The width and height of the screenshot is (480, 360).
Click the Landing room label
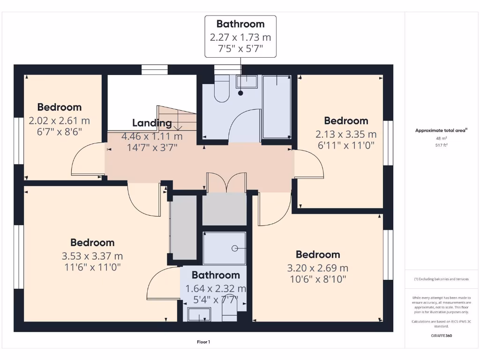coord(152,123)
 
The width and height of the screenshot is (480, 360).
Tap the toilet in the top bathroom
coord(221,90)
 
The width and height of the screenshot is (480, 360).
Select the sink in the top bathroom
coord(247,82)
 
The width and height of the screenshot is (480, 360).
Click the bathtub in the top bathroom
coord(277,106)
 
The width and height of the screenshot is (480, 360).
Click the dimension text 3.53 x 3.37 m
coord(92,256)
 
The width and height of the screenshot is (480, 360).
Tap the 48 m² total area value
coord(441,139)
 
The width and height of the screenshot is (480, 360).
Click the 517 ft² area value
coord(441,145)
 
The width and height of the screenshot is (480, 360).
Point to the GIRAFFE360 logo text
coord(441,336)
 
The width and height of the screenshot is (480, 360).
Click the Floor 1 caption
coord(203,342)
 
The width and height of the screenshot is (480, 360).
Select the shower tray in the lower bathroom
coord(224,248)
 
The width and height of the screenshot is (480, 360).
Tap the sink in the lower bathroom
coord(199,314)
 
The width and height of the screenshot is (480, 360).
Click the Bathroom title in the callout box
coord(240,24)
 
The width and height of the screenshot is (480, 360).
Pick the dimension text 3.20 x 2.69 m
coord(318,269)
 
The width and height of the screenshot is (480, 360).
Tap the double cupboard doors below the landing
coord(226,183)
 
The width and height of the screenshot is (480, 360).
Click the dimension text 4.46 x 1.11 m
coord(152,137)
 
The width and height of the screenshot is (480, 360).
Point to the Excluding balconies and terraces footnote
coord(441,279)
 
